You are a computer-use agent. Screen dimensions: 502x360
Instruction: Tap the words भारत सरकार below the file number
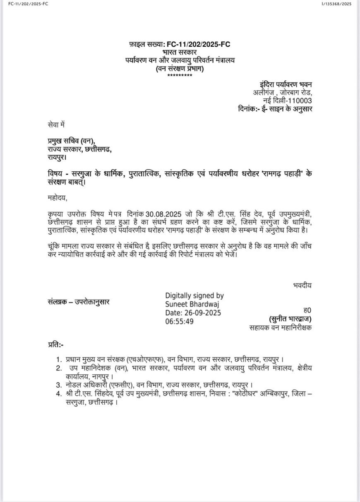(x=180, y=52)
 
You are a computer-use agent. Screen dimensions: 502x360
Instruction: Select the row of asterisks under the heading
(x=180, y=75)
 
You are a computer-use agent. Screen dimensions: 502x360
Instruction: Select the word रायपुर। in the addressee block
(x=57, y=157)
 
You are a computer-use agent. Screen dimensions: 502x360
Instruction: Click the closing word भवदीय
(x=302, y=285)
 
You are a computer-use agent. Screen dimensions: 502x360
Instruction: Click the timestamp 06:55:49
(x=180, y=322)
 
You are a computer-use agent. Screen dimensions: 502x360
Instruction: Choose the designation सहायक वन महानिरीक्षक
(x=281, y=328)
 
